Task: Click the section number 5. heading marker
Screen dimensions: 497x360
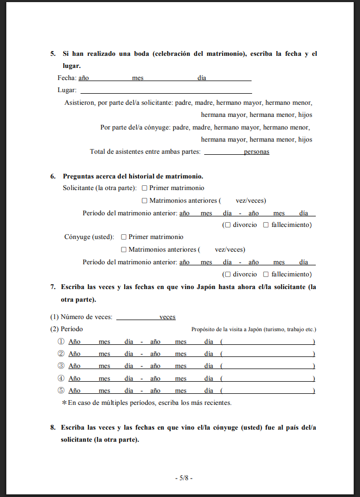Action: tap(53, 54)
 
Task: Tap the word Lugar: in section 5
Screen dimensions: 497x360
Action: tap(67, 90)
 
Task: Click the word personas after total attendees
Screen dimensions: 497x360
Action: tap(256, 152)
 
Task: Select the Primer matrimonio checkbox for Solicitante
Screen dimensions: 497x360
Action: tap(145, 188)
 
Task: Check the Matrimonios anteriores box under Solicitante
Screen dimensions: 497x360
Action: tap(145, 201)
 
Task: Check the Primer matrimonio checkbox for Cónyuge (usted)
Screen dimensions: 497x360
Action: tap(124, 237)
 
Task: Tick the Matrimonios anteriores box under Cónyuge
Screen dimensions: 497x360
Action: tap(124, 250)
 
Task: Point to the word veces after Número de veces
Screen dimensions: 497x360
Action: tap(167, 317)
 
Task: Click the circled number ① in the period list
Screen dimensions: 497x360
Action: tap(61, 341)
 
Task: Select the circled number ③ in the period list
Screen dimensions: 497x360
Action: tap(61, 366)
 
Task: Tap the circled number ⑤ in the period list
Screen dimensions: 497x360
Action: tap(61, 391)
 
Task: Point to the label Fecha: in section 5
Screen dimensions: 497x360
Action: tap(66, 78)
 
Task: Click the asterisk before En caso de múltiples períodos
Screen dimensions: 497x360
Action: tap(64, 403)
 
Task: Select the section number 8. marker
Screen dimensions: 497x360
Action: tap(53, 428)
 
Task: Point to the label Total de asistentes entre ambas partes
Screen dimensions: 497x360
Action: tap(145, 152)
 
